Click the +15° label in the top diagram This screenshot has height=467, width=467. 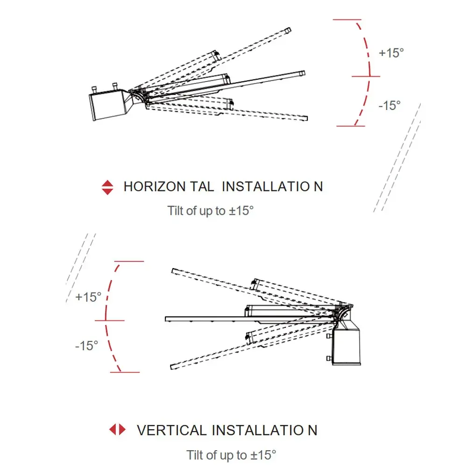(391, 53)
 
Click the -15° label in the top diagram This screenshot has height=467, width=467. (389, 106)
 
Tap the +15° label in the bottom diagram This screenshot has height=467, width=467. (88, 297)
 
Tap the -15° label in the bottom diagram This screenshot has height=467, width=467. (87, 346)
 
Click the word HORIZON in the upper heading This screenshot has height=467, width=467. (154, 186)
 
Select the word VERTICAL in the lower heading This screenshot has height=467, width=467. (171, 430)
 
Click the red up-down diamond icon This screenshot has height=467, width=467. (107, 187)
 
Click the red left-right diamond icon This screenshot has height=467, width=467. (117, 430)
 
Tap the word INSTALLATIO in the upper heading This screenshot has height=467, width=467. (265, 186)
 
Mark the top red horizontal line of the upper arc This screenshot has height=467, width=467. (347, 20)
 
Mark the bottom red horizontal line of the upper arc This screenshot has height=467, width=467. (350, 126)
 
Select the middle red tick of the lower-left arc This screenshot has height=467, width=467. (110, 320)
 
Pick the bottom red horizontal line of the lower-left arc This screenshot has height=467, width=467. (125, 372)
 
